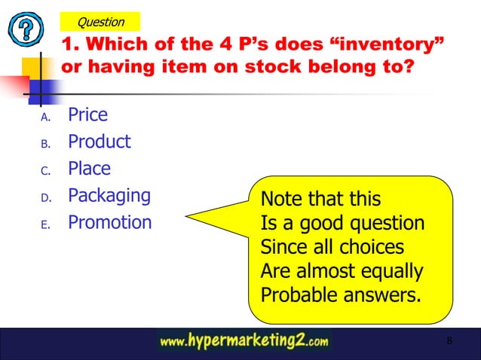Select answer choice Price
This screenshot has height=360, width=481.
(x=87, y=115)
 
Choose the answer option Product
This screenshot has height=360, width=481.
(x=99, y=142)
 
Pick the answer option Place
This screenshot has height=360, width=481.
(x=89, y=169)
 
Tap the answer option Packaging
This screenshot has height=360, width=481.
(x=109, y=196)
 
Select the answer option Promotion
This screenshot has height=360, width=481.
(x=109, y=222)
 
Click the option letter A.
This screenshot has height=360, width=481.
(x=44, y=117)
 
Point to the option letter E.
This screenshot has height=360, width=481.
(x=44, y=224)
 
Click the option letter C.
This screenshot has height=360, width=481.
(x=44, y=171)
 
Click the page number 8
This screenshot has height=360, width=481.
(x=449, y=341)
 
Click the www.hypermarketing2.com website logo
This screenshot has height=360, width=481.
(x=244, y=342)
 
